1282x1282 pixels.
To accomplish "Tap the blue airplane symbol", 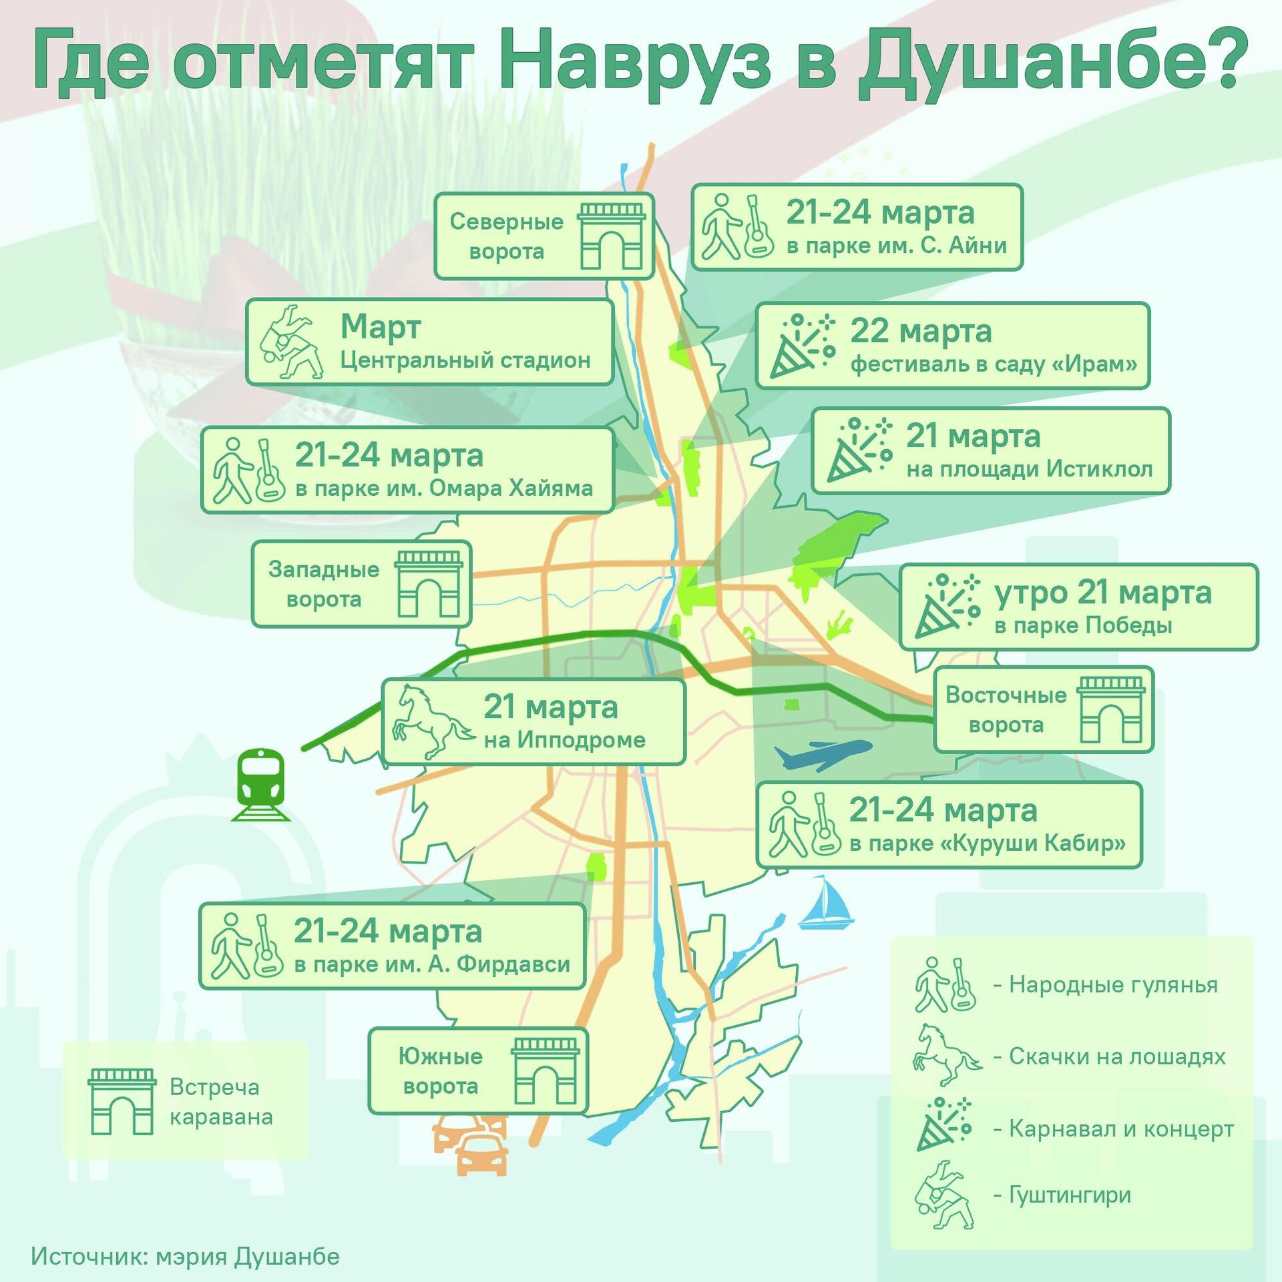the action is coord(822,754).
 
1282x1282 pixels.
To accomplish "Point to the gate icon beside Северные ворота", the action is coord(611,236).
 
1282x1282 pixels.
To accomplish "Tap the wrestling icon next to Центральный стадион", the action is coord(290,342).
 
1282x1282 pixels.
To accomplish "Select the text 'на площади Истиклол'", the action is coord(1029,470).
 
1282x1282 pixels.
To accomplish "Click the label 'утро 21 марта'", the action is coord(1102,593).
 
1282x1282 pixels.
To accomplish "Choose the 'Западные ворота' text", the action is coord(324,584).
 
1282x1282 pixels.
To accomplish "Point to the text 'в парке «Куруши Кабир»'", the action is coord(987,844).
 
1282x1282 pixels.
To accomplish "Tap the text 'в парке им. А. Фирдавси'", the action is coord(431,964).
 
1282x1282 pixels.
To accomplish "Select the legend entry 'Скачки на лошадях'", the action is coord(1117,1056).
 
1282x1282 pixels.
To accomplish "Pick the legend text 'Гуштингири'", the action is coord(1070,1195).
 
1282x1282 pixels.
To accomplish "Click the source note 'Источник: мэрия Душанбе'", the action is coord(186,1256).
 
